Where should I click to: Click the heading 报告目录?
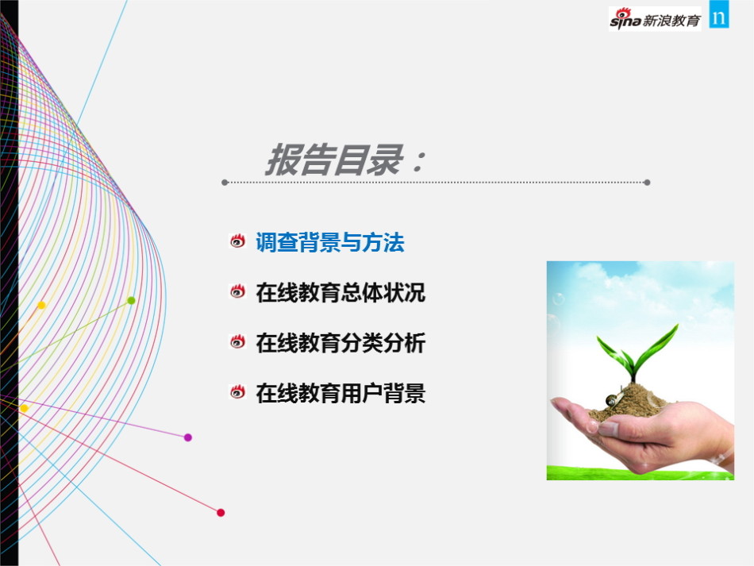click(x=335, y=160)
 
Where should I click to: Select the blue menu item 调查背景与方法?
click(x=330, y=242)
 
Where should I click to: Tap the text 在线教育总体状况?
click(x=340, y=292)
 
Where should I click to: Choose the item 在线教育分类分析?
click(x=340, y=343)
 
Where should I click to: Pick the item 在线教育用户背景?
click(x=340, y=393)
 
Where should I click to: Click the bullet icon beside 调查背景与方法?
click(x=237, y=241)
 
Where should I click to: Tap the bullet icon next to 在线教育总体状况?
click(x=237, y=291)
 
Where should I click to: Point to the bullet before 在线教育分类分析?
click(x=237, y=341)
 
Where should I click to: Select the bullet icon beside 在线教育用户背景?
click(x=237, y=392)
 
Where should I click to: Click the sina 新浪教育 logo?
click(x=655, y=19)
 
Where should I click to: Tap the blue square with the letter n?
click(x=719, y=14)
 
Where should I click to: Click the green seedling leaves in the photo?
click(x=637, y=352)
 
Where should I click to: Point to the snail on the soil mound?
click(x=613, y=399)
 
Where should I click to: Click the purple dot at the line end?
click(x=188, y=437)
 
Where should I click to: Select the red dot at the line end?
click(x=221, y=513)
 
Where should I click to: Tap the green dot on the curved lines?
click(x=131, y=301)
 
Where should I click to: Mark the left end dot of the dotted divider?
click(x=225, y=183)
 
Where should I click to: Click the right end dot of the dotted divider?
click(x=647, y=183)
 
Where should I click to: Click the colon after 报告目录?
click(x=417, y=160)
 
